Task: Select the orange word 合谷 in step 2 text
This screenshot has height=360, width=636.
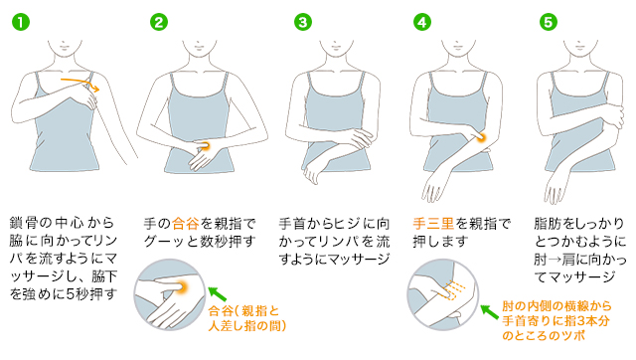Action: pyautogui.click(x=185, y=223)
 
